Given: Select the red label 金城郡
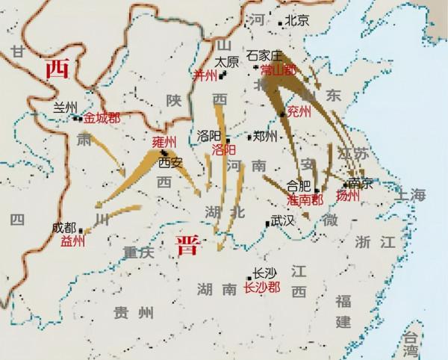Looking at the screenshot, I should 102,117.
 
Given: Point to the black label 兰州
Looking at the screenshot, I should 65,107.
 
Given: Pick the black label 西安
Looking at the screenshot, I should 169,161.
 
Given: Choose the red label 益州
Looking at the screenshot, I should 74,241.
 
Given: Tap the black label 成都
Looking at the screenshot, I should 65,228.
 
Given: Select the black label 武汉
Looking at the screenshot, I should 283,221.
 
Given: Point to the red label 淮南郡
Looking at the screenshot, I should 305,200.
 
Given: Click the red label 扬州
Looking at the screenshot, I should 348,196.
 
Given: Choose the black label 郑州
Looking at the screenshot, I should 265,136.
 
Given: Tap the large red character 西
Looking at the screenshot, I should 57,69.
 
